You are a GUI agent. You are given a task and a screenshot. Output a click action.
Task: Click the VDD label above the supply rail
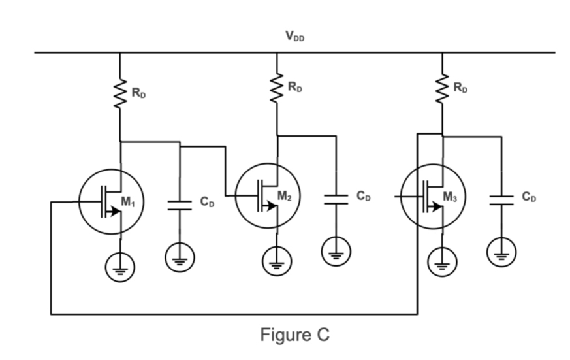click(294, 37)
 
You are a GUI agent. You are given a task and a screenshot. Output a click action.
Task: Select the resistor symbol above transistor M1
click(120, 92)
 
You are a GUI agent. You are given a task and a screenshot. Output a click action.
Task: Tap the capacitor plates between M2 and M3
click(336, 199)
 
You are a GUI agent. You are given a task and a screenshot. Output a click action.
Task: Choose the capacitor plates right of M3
click(501, 199)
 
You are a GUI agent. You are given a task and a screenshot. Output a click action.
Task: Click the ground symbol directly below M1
click(120, 267)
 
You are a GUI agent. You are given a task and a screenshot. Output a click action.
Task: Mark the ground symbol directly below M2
click(277, 261)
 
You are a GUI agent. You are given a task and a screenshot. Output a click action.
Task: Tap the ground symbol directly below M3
click(443, 262)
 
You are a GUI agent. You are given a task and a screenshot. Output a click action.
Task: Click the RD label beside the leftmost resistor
click(138, 93)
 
